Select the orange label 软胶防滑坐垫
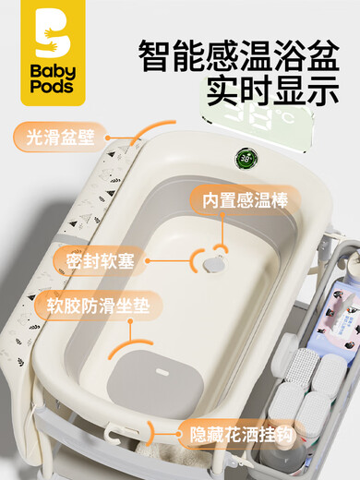tap(91, 305)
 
